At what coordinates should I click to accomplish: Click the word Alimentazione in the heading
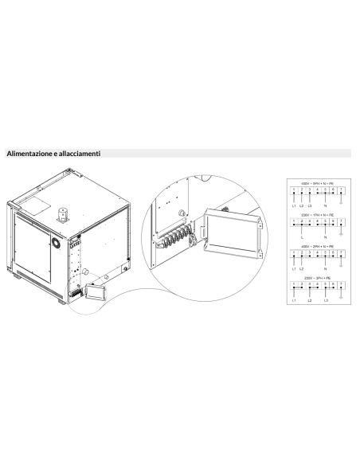(x=30, y=151)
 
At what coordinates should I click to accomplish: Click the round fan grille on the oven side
(x=55, y=241)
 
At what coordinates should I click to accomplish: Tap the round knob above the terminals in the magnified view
(x=184, y=213)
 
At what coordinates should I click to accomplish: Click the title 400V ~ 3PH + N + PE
(x=318, y=183)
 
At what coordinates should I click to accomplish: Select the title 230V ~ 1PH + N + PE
(x=318, y=217)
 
